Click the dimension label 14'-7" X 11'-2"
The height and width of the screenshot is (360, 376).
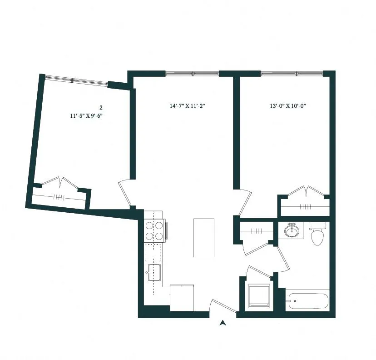[x=188, y=106]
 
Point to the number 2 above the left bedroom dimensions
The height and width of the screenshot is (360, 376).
[x=101, y=108]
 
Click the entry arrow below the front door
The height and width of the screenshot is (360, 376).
[x=223, y=323]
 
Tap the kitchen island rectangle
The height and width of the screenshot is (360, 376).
[x=203, y=238]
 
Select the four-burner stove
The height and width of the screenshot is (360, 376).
[x=154, y=230]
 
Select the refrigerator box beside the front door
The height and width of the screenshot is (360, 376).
[x=182, y=296]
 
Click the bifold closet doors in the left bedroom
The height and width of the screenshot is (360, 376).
[x=60, y=182]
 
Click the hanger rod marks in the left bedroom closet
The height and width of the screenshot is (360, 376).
[x=59, y=197]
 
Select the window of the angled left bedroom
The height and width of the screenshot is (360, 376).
[x=76, y=80]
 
